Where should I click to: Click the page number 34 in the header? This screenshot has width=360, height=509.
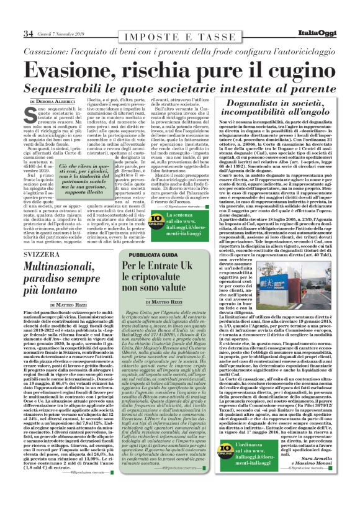29,33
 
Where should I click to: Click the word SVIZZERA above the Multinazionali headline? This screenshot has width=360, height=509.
42,255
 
